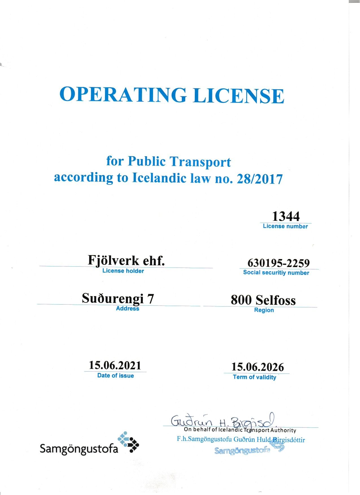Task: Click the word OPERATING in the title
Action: [x=123, y=94]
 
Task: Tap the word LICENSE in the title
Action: [x=239, y=95]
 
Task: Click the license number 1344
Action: [x=286, y=216]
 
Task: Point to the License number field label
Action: [x=285, y=226]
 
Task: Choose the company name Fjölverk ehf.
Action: [x=126, y=260]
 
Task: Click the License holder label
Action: [x=123, y=271]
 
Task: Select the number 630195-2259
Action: [x=278, y=263]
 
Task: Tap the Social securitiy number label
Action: [x=276, y=273]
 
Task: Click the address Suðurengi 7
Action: [x=118, y=299]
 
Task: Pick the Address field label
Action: [x=128, y=309]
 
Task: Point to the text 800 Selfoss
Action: [x=263, y=300]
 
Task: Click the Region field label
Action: [x=264, y=310]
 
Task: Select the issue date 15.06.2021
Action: [x=115, y=365]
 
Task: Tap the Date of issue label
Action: [x=115, y=375]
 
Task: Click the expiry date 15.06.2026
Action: [x=258, y=367]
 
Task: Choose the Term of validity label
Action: [x=254, y=377]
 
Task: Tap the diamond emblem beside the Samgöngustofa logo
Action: [x=128, y=442]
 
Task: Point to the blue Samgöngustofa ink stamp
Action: [x=248, y=449]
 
